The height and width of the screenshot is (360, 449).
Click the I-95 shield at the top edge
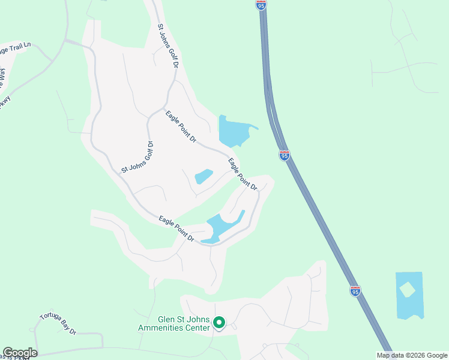pos(261,4)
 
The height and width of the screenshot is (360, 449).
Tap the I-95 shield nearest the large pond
pos(285,155)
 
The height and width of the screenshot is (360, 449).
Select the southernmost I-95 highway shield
pos(355,291)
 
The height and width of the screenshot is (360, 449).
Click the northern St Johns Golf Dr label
pos(168,46)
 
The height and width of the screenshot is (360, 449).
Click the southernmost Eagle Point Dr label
pos(176,230)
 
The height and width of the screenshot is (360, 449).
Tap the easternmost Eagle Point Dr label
pos(243,174)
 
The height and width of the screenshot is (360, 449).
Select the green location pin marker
pos(219,323)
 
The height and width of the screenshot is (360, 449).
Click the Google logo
pos(20,353)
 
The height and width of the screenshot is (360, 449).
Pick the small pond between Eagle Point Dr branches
pos(203,176)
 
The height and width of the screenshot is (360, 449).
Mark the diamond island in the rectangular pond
pos(408,289)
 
